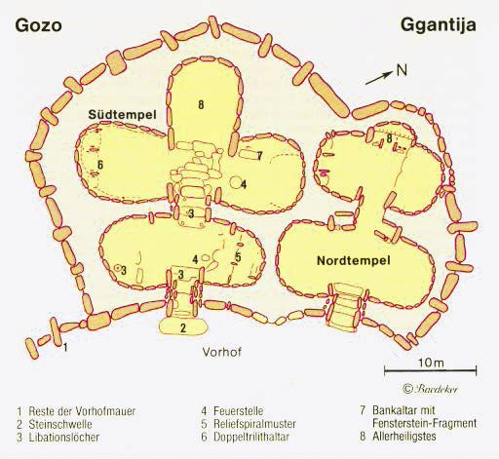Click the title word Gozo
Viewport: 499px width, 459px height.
38,25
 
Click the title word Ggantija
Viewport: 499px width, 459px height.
439,26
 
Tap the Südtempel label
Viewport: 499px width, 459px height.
123,114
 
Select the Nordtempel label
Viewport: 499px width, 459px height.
354,260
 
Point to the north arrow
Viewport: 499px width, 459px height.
379,78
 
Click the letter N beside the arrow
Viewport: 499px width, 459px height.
402,70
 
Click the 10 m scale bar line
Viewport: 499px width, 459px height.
431,369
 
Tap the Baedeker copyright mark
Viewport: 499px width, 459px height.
430,389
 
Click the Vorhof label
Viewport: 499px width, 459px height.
222,352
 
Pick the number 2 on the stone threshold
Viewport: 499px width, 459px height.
183,327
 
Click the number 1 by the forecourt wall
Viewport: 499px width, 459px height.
65,347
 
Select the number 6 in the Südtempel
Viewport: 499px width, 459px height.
100,165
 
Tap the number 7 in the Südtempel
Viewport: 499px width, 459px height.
259,156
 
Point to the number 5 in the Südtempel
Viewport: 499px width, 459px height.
238,257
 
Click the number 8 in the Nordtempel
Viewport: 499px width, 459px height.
390,138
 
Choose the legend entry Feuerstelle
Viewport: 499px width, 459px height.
239,411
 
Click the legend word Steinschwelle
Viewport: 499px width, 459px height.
60,424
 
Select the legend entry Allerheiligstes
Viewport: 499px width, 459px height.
404,437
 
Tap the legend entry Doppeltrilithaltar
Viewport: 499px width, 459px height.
251,437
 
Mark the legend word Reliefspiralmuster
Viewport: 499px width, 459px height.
254,424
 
